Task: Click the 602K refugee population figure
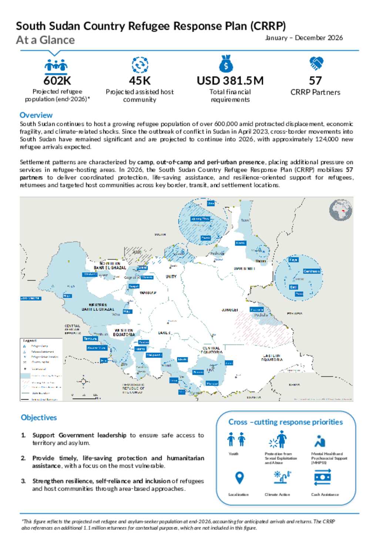tap(57, 81)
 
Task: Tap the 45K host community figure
tap(140, 81)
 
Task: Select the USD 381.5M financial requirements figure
tap(230, 81)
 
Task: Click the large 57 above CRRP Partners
tap(315, 81)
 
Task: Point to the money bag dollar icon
tap(226, 64)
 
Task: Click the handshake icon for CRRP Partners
tap(316, 64)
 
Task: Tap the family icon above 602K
tap(56, 65)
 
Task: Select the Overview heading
tap(36, 115)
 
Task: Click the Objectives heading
tap(39, 418)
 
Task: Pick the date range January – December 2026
tap(304, 38)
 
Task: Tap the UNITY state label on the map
tap(171, 277)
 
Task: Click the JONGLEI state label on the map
tap(230, 310)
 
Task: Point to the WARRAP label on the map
tap(148, 293)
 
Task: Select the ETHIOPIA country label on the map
tap(295, 313)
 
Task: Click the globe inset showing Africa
tap(341, 210)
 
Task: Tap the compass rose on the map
tap(83, 381)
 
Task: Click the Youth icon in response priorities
tap(236, 440)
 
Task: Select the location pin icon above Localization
tap(239, 478)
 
